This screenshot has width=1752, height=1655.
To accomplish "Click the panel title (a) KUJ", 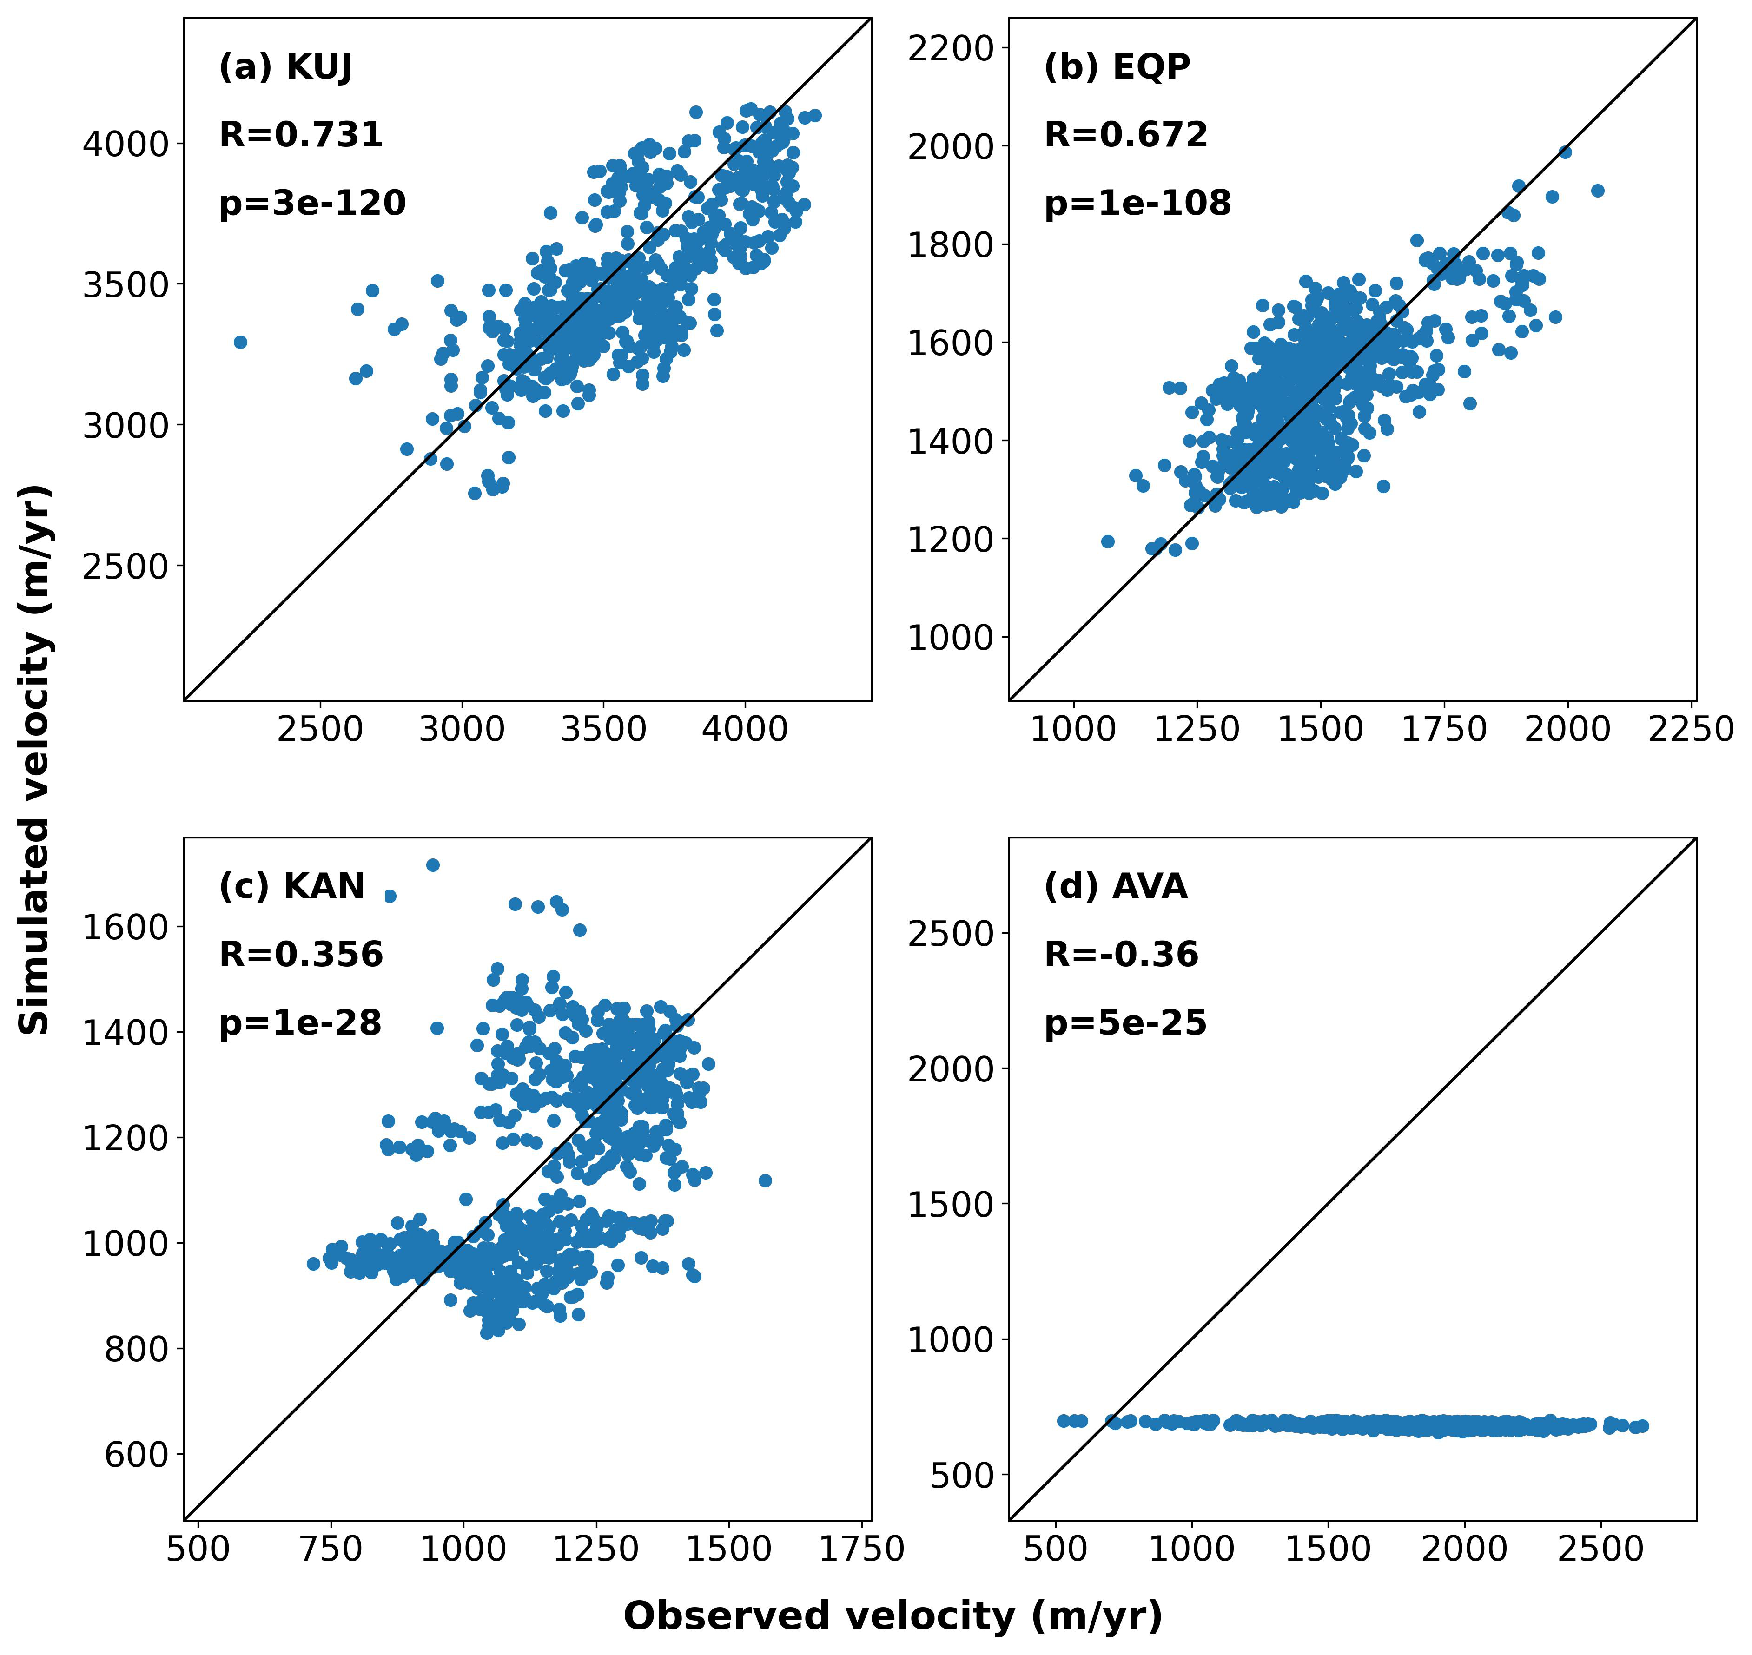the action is [x=286, y=67].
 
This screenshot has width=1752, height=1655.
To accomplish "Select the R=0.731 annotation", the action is [x=301, y=135].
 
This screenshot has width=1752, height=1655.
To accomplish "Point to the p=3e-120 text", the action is [x=312, y=204].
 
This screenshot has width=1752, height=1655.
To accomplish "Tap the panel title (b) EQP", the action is [x=1117, y=67].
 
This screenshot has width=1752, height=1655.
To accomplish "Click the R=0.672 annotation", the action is [x=1126, y=135].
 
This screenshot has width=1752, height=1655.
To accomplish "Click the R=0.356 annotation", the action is [x=301, y=955].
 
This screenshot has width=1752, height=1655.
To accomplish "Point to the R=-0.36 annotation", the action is [x=1121, y=955].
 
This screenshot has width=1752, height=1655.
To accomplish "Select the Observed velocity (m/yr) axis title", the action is [x=893, y=1616].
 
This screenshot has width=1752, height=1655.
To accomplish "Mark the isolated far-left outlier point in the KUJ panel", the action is [x=240, y=342].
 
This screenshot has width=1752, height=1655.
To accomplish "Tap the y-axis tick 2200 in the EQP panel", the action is [x=951, y=48].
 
